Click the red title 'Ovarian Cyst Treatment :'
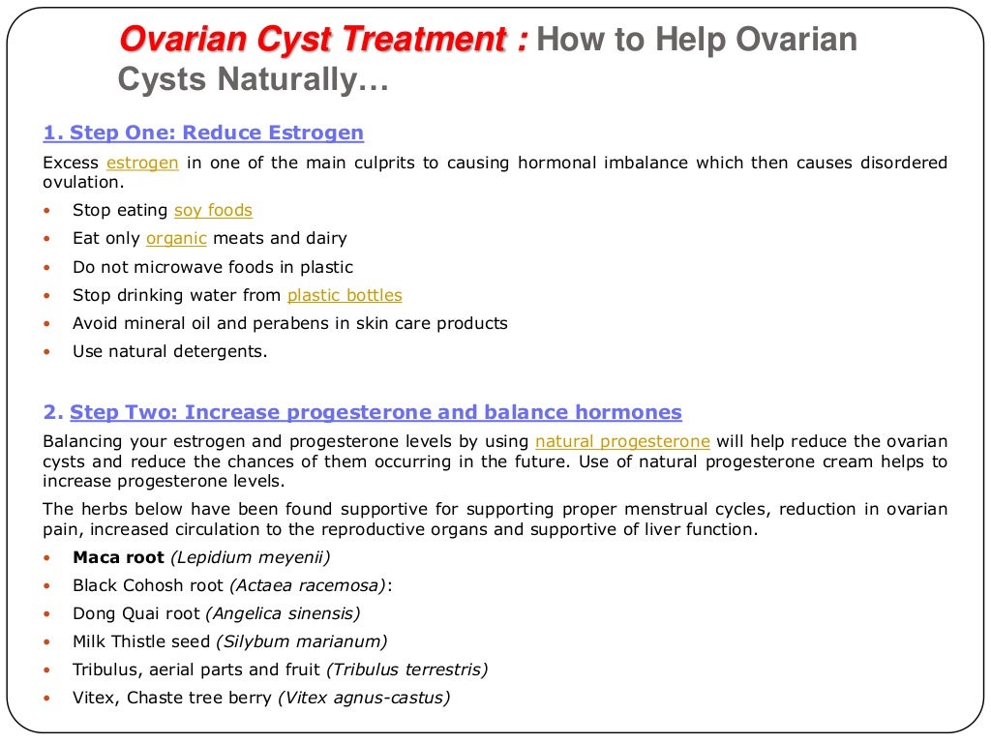pyautogui.click(x=323, y=41)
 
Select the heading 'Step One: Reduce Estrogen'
pyautogui.click(x=203, y=134)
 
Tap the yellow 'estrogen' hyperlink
pyautogui.click(x=142, y=163)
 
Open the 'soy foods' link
pyautogui.click(x=213, y=210)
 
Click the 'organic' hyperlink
pyautogui.click(x=176, y=238)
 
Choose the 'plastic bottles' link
pyautogui.click(x=345, y=295)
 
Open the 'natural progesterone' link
pyautogui.click(x=622, y=441)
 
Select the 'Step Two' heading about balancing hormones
pyautogui.click(x=375, y=413)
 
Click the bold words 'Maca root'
pyautogui.click(x=118, y=556)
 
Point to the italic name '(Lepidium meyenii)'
pyautogui.click(x=251, y=556)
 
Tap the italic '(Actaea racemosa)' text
pyautogui.click(x=308, y=584)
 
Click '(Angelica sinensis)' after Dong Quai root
pyautogui.click(x=283, y=612)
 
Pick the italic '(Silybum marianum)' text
pyautogui.click(x=301, y=640)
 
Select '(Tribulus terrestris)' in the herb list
pyautogui.click(x=407, y=669)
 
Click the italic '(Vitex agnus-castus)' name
pyautogui.click(x=364, y=697)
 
